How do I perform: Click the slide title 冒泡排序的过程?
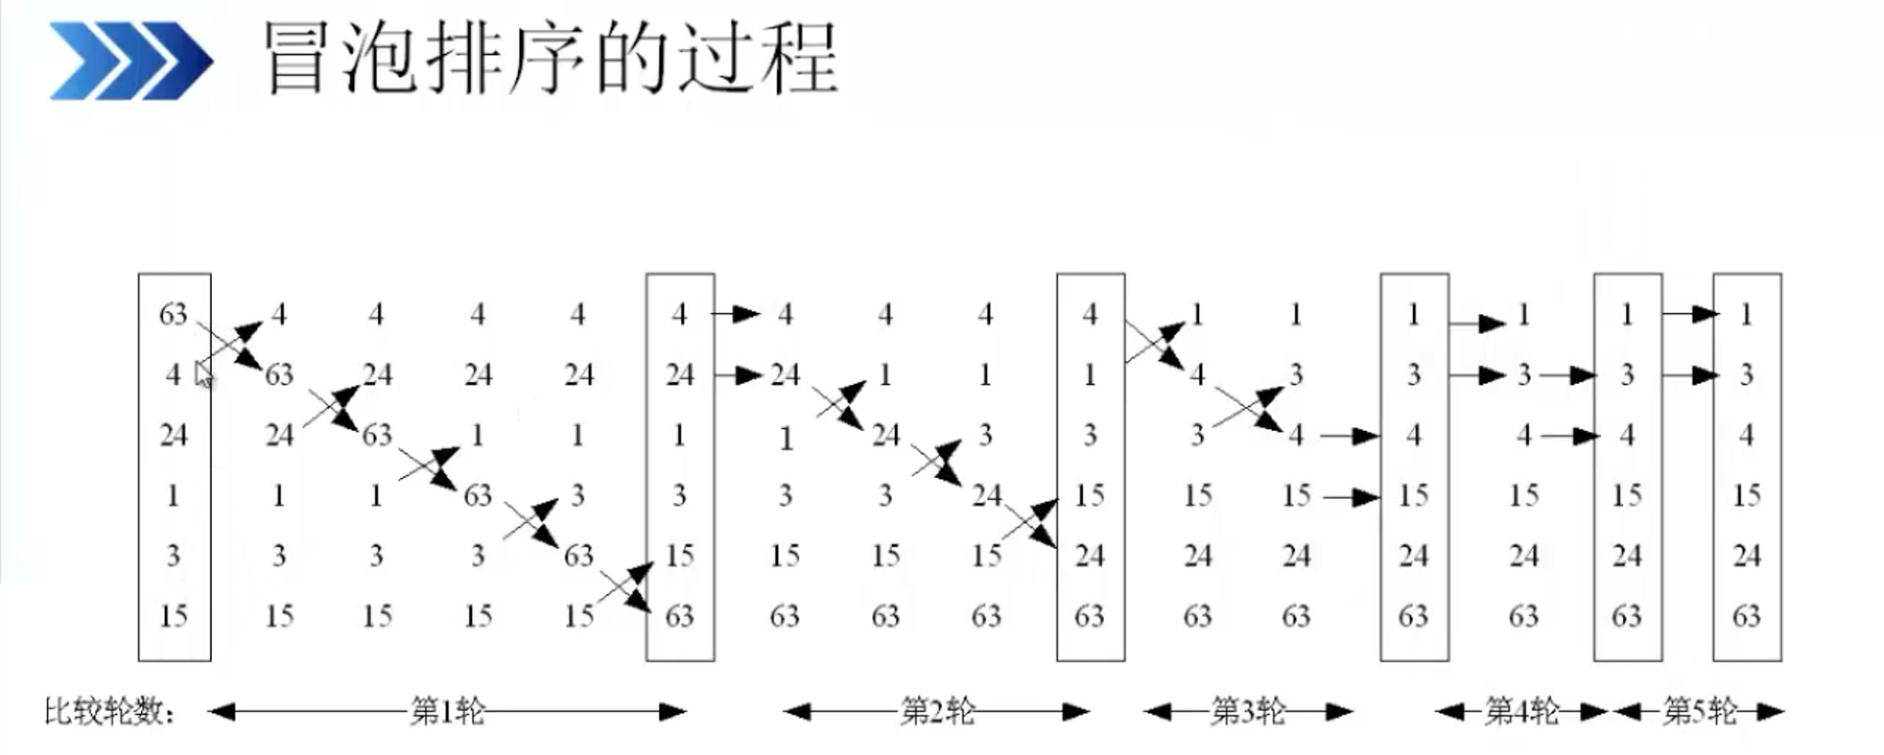(x=550, y=59)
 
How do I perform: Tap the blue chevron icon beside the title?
(x=131, y=61)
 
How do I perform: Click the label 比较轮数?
(x=108, y=711)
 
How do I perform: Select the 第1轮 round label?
(x=447, y=711)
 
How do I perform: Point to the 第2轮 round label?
(x=937, y=711)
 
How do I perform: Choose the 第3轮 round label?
(x=1248, y=711)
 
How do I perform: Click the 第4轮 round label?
(x=1522, y=711)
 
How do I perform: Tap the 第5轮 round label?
(x=1700, y=711)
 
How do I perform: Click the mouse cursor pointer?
(x=203, y=374)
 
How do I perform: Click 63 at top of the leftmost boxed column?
(x=174, y=314)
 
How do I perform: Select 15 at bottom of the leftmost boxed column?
(x=174, y=616)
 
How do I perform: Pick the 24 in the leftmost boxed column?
(x=174, y=435)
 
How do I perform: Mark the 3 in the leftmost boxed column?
(x=174, y=556)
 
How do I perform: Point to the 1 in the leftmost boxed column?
(x=174, y=495)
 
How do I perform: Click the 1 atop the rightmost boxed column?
(x=1747, y=314)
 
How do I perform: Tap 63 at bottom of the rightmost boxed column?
(x=1747, y=616)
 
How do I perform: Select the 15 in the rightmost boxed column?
(x=1747, y=495)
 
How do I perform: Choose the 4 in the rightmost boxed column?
(x=1747, y=435)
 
